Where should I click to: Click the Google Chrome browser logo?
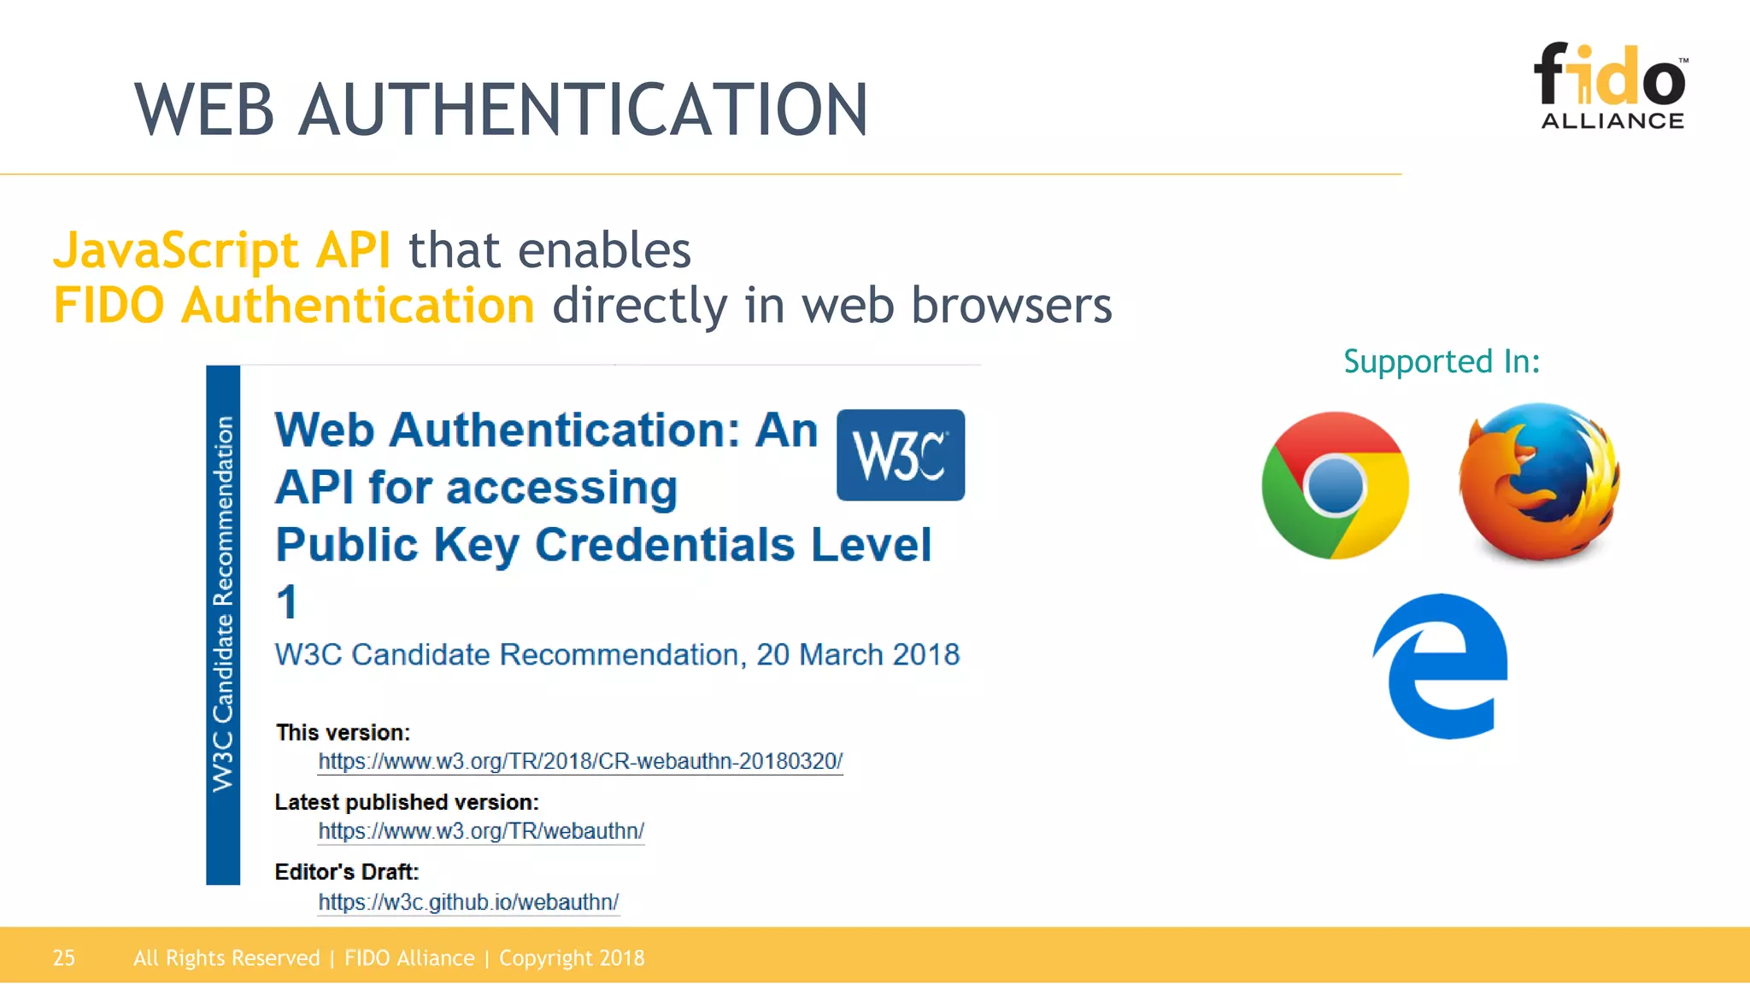(x=1335, y=485)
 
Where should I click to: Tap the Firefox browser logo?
(x=1539, y=482)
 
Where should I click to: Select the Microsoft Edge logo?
(x=1442, y=666)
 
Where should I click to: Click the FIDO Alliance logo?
(x=1611, y=86)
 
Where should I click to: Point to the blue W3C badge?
(x=901, y=455)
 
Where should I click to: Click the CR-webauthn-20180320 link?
(x=580, y=761)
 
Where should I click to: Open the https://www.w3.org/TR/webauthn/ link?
(x=481, y=831)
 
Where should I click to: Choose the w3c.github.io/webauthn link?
(x=468, y=902)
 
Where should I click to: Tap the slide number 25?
(x=64, y=958)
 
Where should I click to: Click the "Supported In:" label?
(x=1442, y=361)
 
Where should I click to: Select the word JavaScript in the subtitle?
(x=176, y=250)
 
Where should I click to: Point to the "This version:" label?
(x=343, y=732)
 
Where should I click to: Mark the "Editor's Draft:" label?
(x=347, y=871)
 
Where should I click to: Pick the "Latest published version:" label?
(x=407, y=802)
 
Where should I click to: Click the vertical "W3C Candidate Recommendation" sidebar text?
(x=223, y=603)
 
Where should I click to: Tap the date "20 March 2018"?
(x=858, y=654)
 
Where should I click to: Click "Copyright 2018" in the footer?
(x=572, y=958)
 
